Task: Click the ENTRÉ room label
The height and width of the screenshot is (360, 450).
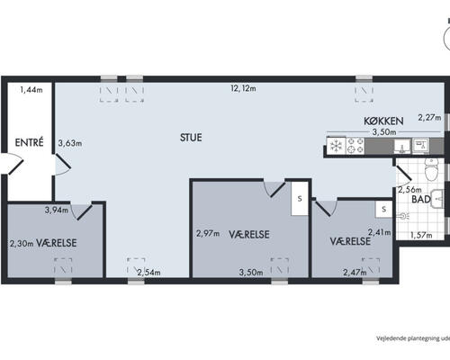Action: point(29,142)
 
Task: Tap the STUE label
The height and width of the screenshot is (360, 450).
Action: point(191,138)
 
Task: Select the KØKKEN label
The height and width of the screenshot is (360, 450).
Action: point(383,121)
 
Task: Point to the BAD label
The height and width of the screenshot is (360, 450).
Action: point(421,199)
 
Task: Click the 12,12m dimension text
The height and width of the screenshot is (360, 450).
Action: point(243,88)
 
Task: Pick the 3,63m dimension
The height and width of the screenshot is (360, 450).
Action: point(70,143)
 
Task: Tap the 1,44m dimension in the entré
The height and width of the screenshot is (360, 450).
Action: point(31,89)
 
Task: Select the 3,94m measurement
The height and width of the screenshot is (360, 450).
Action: point(57,210)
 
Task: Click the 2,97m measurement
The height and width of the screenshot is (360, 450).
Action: point(208,233)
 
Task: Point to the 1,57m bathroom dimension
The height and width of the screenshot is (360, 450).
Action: point(421,235)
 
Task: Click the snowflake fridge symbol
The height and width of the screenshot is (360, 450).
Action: point(337,147)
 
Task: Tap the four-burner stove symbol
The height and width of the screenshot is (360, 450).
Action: point(355,146)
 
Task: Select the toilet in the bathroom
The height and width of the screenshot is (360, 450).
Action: point(431,169)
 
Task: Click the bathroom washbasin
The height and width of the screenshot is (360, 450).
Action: point(437,199)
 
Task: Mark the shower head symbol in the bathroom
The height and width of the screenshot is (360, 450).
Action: point(403,216)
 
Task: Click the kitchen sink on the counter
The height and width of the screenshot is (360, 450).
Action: point(401,147)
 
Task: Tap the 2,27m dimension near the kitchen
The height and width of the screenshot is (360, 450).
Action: point(429,118)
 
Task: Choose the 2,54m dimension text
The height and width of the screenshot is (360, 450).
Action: point(148,273)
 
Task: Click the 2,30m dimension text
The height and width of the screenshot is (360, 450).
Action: point(22,243)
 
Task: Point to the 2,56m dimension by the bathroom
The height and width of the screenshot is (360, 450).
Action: point(409,190)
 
